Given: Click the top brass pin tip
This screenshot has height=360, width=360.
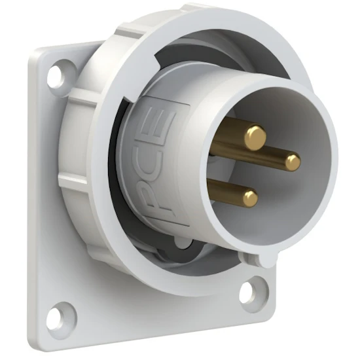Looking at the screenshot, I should [x=255, y=137].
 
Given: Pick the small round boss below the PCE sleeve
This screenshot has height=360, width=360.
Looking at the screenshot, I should [x=183, y=245].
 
